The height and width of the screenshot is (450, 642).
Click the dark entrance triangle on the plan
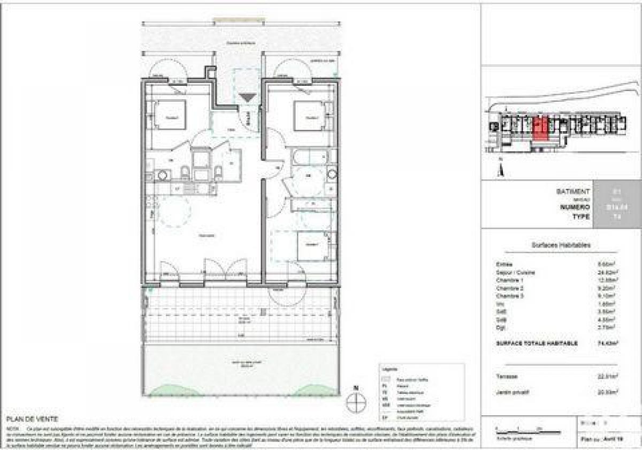tap(247, 97)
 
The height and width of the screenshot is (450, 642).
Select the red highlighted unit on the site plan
tap(540, 129)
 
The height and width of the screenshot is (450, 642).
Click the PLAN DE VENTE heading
tap(33, 419)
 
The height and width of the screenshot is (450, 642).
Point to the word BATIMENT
tap(573, 191)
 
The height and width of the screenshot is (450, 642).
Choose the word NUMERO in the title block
tap(575, 207)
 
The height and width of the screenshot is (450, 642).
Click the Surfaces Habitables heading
tap(561, 245)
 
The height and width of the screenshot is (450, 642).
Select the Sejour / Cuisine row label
tap(516, 272)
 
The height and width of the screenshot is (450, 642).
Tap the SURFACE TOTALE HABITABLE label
tap(537, 343)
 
